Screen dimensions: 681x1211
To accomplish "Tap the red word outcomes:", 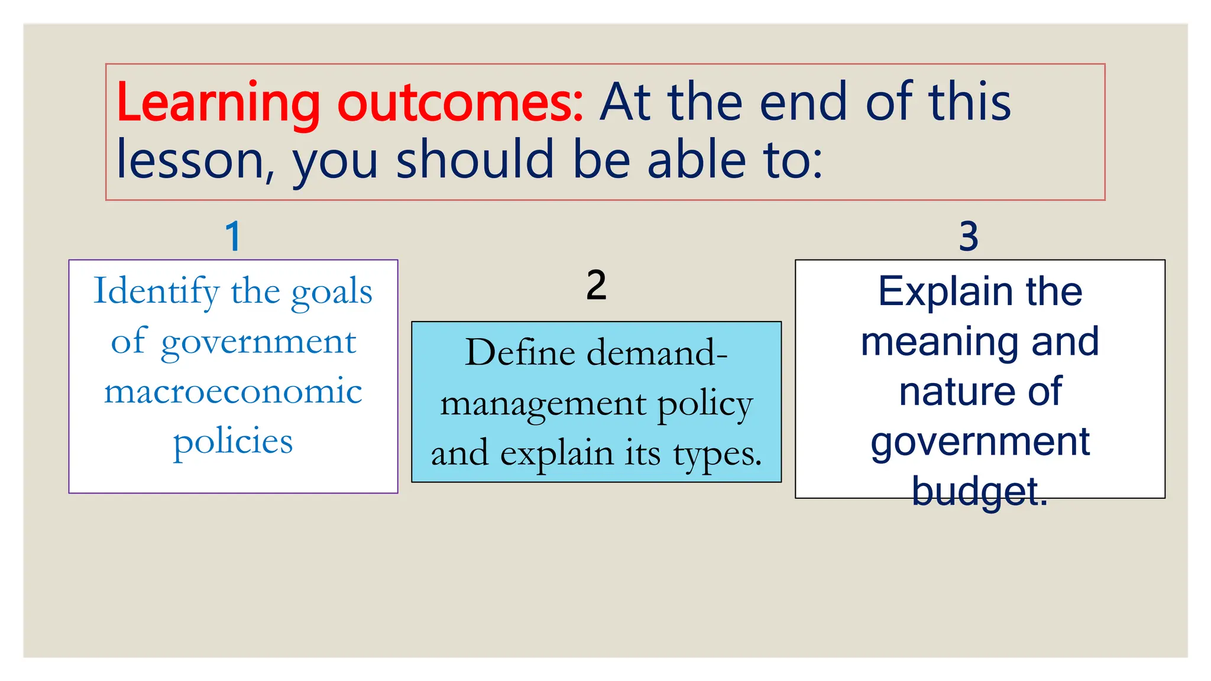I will pos(460,103).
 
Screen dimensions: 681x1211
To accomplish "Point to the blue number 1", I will pos(234,236).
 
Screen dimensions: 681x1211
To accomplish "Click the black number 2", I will pos(596,286).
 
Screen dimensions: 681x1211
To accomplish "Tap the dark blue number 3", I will pos(968,236).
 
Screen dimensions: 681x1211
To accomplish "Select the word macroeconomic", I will pos(233,391).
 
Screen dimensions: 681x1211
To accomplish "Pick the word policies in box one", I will pos(233,442).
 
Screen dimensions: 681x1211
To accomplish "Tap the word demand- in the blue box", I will pos(656,353).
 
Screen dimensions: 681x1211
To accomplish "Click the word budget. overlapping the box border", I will pos(979,492).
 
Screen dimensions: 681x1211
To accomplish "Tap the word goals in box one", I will pos(332,292).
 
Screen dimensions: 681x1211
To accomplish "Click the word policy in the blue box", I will pos(705,404).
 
